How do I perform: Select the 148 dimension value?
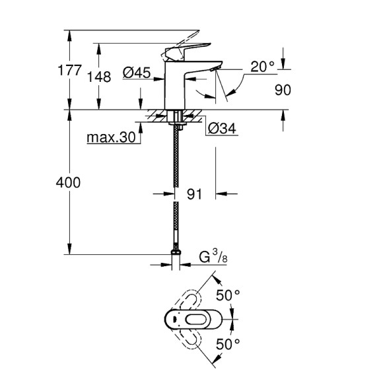pyautogui.click(x=99, y=77)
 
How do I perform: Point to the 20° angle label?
pyautogui.click(x=262, y=67)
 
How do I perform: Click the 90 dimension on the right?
pyautogui.click(x=283, y=90)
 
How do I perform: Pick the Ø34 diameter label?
pyautogui.click(x=221, y=129)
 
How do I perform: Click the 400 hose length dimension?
pyautogui.click(x=67, y=182)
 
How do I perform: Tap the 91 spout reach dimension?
pyautogui.click(x=194, y=194)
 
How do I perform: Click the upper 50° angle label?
pyautogui.click(x=227, y=296)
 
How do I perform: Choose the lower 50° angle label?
pyautogui.click(x=227, y=343)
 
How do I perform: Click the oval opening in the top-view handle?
pyautogui.click(x=196, y=320)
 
